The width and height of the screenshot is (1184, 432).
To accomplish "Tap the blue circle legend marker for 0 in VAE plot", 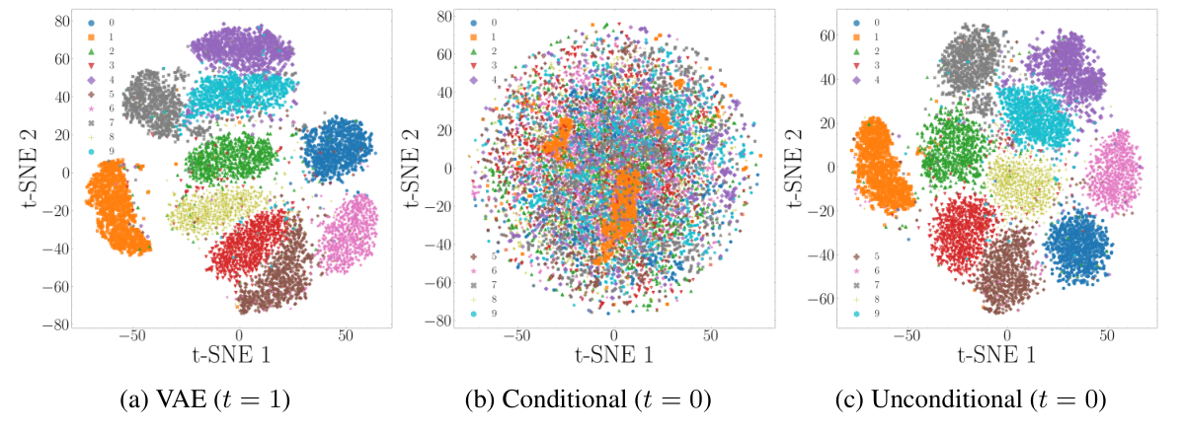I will point(91,22).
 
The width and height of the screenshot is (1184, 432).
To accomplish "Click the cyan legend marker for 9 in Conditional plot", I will point(476,314).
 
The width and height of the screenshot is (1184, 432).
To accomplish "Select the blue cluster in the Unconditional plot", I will point(1076,245).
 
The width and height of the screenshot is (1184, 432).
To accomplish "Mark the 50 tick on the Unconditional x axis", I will point(1107,333).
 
